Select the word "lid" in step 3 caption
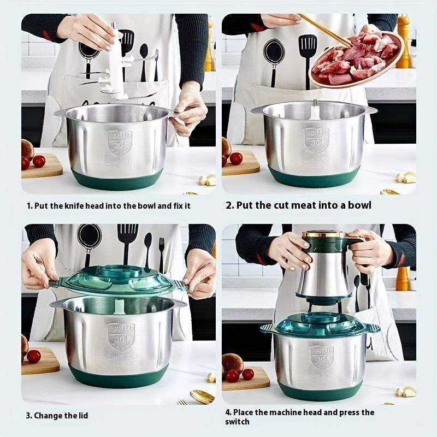coord(82,416)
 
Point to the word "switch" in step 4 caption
coord(238,422)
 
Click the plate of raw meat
coord(356,59)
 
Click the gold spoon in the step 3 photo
coord(202,396)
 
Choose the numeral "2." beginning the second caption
coord(230,205)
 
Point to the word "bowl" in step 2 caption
coord(359,205)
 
